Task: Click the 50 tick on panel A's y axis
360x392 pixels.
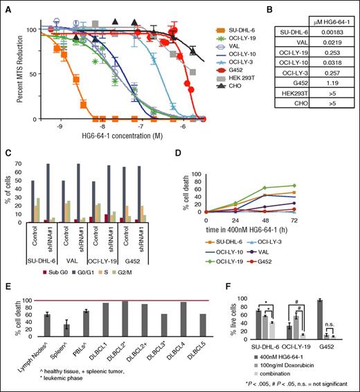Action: [35, 74]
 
